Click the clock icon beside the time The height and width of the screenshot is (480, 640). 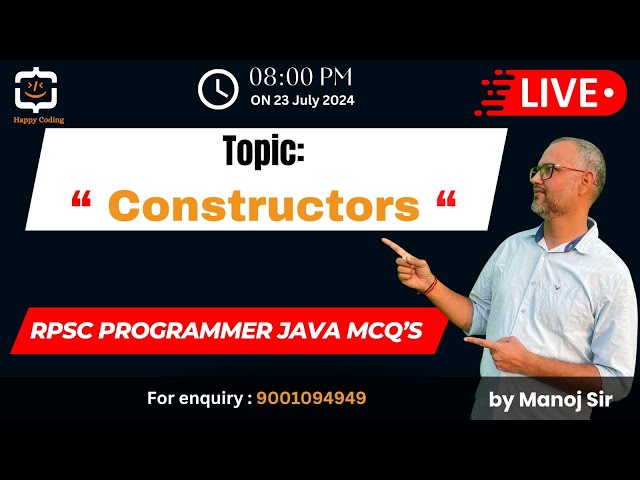pos(218,89)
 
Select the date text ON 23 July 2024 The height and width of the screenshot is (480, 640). pos(302,100)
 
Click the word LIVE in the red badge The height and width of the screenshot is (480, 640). pos(558,93)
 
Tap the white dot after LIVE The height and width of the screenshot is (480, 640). pos(609,93)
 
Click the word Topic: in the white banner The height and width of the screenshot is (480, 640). pos(263,153)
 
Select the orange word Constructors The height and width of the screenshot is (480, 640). pos(264,205)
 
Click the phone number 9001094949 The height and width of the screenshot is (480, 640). pos(311,398)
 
